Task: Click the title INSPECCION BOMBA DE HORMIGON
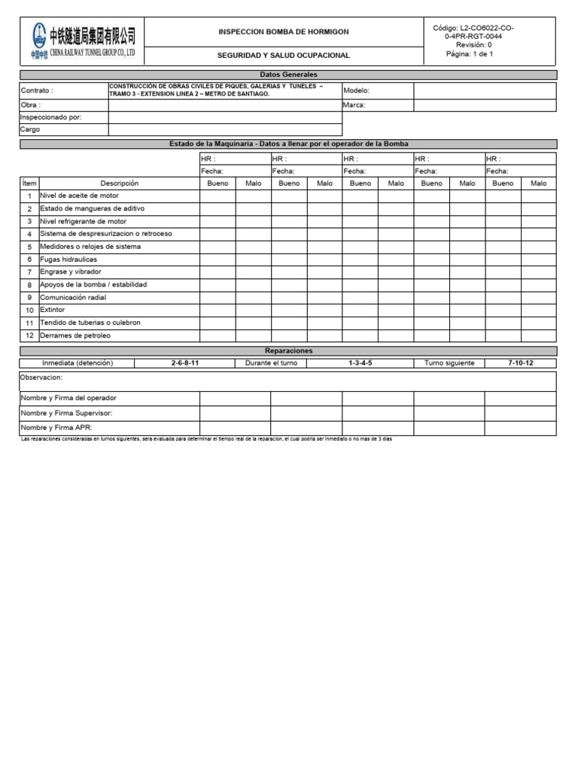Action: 283,32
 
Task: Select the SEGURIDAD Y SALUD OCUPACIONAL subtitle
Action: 283,56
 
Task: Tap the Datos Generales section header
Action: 288,75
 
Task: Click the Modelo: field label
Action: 356,90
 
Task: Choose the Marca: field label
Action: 354,105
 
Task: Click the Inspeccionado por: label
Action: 50,117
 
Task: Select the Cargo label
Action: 30,129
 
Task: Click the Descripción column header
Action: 120,183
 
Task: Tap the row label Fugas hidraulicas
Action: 68,259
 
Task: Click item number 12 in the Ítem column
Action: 29,335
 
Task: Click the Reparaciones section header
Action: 288,351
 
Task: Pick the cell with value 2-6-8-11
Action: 185,363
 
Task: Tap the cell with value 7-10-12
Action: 521,363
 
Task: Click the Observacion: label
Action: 41,377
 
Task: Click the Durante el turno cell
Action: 271,363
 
